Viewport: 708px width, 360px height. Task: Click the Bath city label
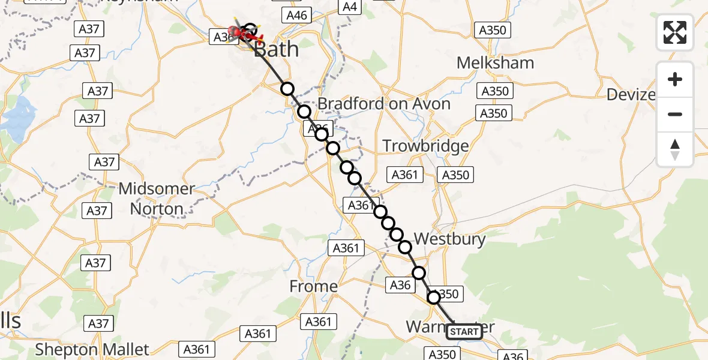coord(277,49)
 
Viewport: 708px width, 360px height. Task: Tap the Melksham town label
coord(495,62)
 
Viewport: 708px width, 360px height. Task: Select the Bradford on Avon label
coord(383,103)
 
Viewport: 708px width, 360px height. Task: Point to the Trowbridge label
coord(425,146)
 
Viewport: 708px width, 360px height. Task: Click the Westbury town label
coord(449,239)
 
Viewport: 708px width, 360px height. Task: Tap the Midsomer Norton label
coord(157,199)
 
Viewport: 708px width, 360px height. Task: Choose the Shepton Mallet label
coord(92,349)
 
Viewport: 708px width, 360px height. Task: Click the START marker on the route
coord(464,331)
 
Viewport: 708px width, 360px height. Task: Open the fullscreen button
coord(675,32)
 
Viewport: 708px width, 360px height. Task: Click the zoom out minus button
coord(675,114)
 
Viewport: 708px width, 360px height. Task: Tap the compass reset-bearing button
coord(675,149)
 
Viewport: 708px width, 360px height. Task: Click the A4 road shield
coord(349,7)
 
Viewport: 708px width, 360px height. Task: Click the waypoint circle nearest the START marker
coord(433,297)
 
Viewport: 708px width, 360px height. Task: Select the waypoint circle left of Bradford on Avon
coord(304,112)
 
